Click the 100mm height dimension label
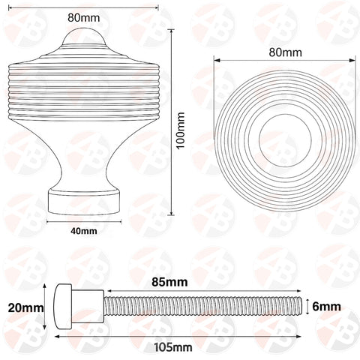pos(181,125)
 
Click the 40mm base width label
pos(84,232)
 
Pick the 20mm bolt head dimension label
pos(23,307)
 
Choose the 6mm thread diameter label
pos(327,306)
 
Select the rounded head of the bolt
pos(63,306)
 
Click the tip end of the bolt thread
pos(301,306)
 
